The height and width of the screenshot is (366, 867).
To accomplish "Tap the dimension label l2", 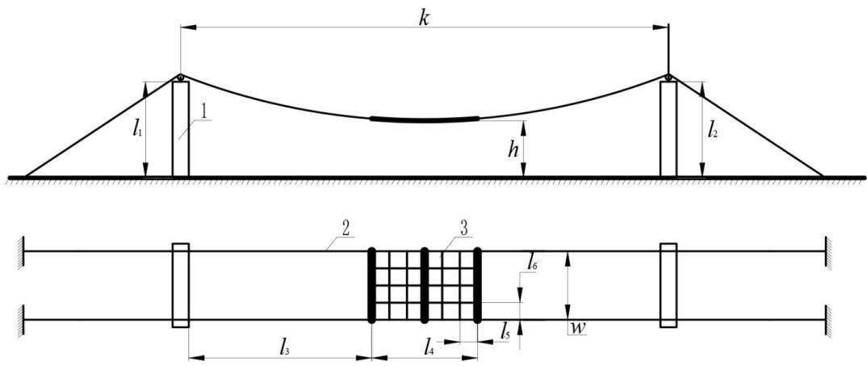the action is pos(713,132).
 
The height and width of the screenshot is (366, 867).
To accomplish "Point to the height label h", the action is pos(513,149).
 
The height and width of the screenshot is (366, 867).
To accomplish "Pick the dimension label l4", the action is pos(429,348).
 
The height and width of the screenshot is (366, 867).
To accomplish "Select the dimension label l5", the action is pos(503,333).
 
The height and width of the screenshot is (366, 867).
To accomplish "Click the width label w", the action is pos(578,329).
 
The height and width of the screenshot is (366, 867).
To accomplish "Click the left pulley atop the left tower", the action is pos(180,78).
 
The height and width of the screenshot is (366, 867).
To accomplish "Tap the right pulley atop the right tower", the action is pos(668,77).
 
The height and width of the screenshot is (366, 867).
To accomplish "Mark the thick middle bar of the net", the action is pos(425,285).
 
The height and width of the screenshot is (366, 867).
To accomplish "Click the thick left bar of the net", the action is pos(371,285).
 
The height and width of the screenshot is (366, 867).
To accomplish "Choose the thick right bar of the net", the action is pos(478,285).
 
